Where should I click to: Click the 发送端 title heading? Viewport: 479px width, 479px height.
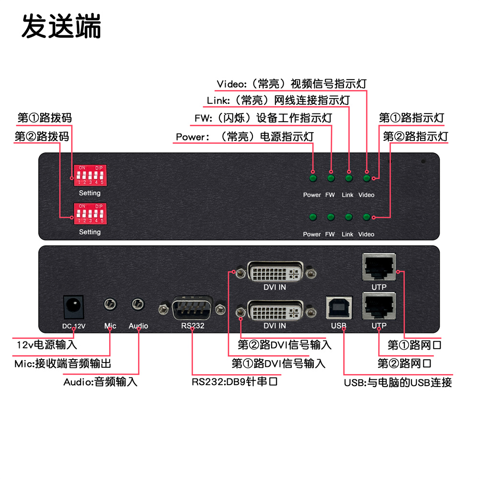pyautogui.click(x=61, y=27)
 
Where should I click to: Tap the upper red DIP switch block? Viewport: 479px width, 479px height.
pyautogui.click(x=90, y=175)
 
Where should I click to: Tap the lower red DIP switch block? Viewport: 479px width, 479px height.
pyautogui.click(x=90, y=214)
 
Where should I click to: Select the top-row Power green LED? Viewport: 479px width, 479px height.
pyautogui.click(x=313, y=179)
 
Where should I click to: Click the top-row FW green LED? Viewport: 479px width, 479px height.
pyautogui.click(x=331, y=179)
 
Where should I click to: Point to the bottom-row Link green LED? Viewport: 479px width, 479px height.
pyautogui.click(x=348, y=218)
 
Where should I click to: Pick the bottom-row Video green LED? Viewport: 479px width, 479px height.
pyautogui.click(x=366, y=218)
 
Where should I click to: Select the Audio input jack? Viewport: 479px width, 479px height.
pyautogui.click(x=138, y=304)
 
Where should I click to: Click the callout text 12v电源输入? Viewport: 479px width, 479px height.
pyautogui.click(x=46, y=344)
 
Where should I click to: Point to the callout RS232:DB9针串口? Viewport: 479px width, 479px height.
pyautogui.click(x=235, y=382)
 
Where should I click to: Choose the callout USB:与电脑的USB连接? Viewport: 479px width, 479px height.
pyautogui.click(x=398, y=382)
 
